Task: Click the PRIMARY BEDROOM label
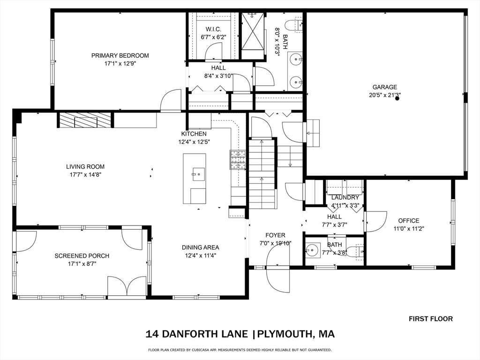(x=120, y=55)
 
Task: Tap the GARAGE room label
(x=385, y=87)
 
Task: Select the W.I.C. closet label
(x=213, y=29)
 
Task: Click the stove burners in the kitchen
(x=238, y=159)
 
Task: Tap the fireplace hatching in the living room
(x=84, y=120)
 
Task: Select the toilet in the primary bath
(x=293, y=24)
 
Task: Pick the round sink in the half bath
(x=312, y=250)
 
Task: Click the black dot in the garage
(x=397, y=98)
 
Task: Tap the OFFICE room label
(x=409, y=220)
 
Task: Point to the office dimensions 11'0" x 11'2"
(x=409, y=228)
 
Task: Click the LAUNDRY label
(x=345, y=197)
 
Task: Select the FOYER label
(x=275, y=235)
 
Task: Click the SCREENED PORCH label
(x=82, y=255)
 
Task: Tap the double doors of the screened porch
(x=127, y=286)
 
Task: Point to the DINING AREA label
(x=201, y=247)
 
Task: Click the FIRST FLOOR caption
(x=431, y=319)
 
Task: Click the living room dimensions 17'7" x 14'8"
(x=85, y=175)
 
